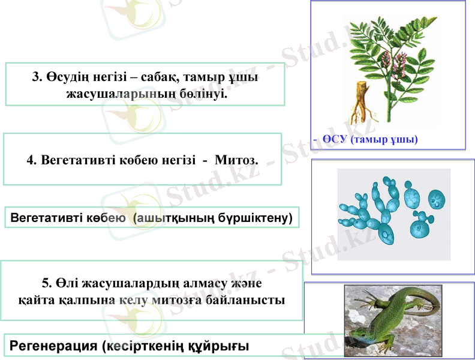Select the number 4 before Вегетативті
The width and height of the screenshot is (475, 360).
pyautogui.click(x=30, y=160)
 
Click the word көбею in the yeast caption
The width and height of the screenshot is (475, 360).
pyautogui.click(x=109, y=217)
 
